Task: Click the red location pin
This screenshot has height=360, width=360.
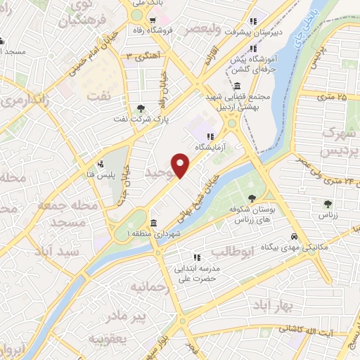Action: [181, 165]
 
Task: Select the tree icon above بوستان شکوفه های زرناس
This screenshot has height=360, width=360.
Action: [253, 199]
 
